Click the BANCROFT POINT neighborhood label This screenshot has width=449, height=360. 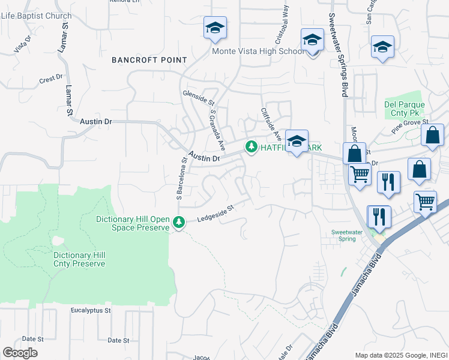149,60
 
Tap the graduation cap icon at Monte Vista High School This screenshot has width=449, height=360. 312,41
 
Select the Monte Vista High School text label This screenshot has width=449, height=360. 258,52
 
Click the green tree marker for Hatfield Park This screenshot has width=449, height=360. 250,146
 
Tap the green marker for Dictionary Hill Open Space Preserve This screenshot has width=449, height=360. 178,223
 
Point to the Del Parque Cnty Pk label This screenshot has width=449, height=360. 405,109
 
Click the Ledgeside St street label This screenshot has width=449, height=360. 215,214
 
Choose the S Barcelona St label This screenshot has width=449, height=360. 179,178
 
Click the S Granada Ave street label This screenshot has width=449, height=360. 217,130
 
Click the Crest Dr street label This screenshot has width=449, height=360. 51,79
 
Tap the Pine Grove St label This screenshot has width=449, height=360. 410,126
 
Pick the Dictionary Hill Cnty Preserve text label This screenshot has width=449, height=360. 79,259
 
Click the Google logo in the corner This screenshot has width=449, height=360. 20,353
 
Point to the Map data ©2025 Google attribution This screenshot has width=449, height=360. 401,355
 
